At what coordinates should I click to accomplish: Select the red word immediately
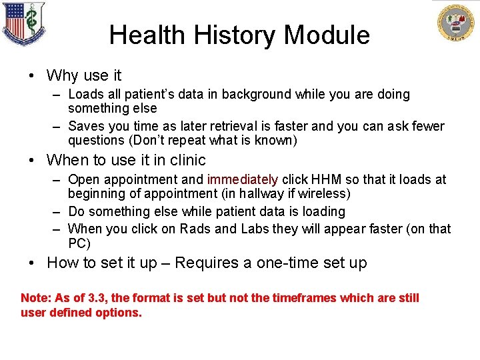pos(243,179)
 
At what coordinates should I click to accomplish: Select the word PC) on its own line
pos(79,243)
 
